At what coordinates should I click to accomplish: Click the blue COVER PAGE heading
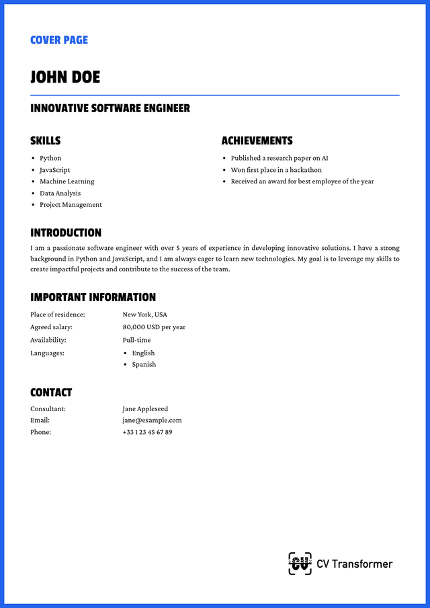[x=59, y=40]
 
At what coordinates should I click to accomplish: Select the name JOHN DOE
[x=65, y=77]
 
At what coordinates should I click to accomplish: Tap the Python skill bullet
[x=50, y=159]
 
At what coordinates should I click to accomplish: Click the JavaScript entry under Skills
[x=54, y=170]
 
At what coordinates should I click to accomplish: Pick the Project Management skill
[x=71, y=205]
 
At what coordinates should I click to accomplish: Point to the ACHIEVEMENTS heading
[x=257, y=141]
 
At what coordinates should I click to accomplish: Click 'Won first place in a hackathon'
[x=276, y=170]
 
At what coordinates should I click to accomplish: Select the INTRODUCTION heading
[x=66, y=233]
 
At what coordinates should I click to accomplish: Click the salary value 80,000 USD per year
[x=154, y=327]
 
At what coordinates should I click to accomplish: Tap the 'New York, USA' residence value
[x=144, y=314]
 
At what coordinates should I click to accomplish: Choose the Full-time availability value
[x=136, y=340]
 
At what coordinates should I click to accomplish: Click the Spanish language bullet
[x=144, y=365]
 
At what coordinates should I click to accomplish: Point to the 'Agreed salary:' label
[x=51, y=327]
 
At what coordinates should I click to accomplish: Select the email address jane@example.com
[x=152, y=421]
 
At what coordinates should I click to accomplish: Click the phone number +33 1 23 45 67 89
[x=147, y=432]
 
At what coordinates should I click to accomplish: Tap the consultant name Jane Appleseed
[x=145, y=408]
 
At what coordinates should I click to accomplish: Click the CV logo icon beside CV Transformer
[x=300, y=564]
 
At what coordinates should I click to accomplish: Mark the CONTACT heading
[x=51, y=392]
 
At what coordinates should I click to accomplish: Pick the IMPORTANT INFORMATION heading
[x=93, y=297]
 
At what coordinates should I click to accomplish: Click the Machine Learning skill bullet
[x=67, y=181]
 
